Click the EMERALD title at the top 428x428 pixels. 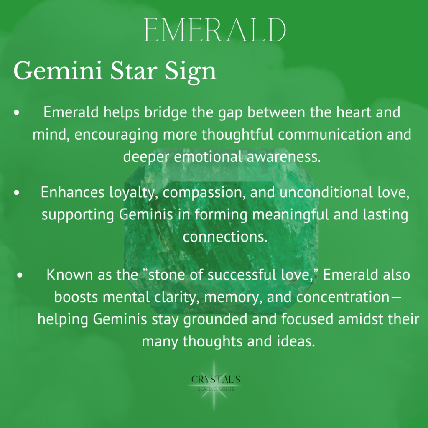pos(215,30)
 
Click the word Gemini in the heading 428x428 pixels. pos(58,71)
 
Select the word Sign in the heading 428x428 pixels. pos(190,72)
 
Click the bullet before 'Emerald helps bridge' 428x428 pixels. pos(17,112)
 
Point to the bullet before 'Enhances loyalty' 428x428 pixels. pos(17,192)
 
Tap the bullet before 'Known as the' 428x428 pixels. pos(20,275)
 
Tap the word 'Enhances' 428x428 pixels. pos(73,192)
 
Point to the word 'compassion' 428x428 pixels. pos(202,193)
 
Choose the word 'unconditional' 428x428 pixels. pos(326,192)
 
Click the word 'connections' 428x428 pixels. pos(225,237)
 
